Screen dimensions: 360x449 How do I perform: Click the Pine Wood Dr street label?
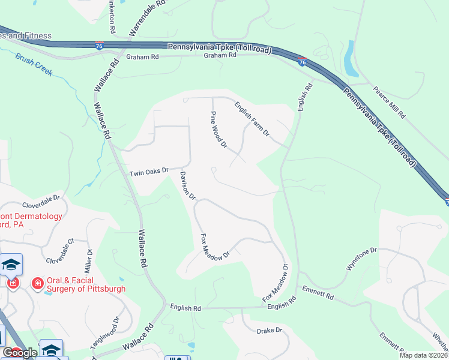coord(218,130)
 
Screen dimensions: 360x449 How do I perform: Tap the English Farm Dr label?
coord(251,118)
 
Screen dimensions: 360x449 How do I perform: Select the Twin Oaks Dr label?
coord(149,172)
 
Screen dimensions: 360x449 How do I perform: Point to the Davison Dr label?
coord(188,185)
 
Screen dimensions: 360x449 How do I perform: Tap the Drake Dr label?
coord(269,331)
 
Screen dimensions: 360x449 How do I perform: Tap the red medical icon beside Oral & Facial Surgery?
coord(37,283)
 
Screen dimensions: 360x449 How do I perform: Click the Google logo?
coord(20,353)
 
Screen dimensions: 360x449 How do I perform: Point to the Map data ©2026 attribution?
coord(423,355)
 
